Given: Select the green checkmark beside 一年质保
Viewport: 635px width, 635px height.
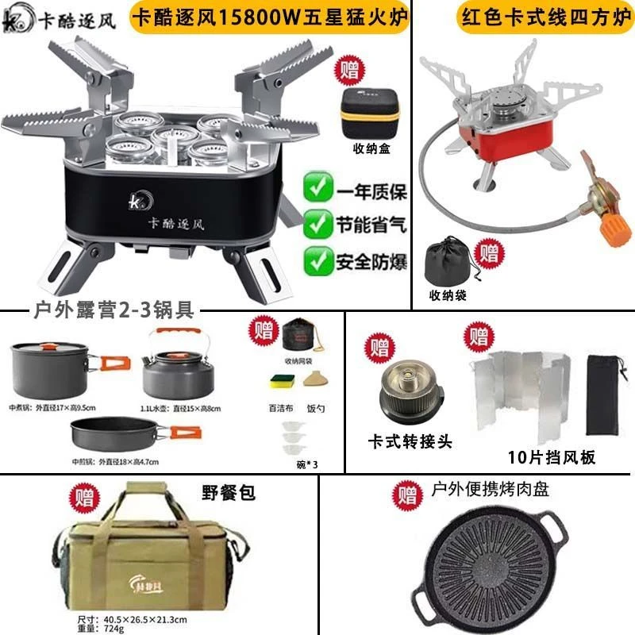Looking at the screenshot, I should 318,190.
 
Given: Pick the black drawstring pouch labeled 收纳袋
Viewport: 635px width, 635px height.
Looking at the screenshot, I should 449,262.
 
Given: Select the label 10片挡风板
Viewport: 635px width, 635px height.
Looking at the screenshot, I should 551,458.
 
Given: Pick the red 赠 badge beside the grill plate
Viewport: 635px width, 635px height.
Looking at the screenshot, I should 407,497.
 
